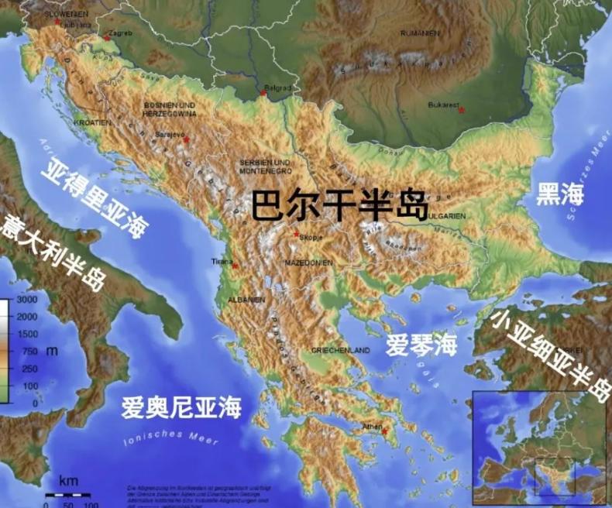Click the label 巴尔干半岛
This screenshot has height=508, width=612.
point(339,207)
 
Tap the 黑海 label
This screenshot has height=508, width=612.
point(559,194)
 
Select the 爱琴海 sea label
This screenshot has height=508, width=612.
point(421,345)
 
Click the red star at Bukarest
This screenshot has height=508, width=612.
point(462,110)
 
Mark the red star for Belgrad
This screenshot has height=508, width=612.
point(264,94)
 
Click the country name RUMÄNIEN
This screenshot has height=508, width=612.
point(420,33)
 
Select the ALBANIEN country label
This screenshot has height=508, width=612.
point(246,299)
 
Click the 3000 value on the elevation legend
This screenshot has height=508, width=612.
point(27,300)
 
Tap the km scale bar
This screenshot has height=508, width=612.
point(68,493)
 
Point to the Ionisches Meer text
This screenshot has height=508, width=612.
point(165,438)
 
